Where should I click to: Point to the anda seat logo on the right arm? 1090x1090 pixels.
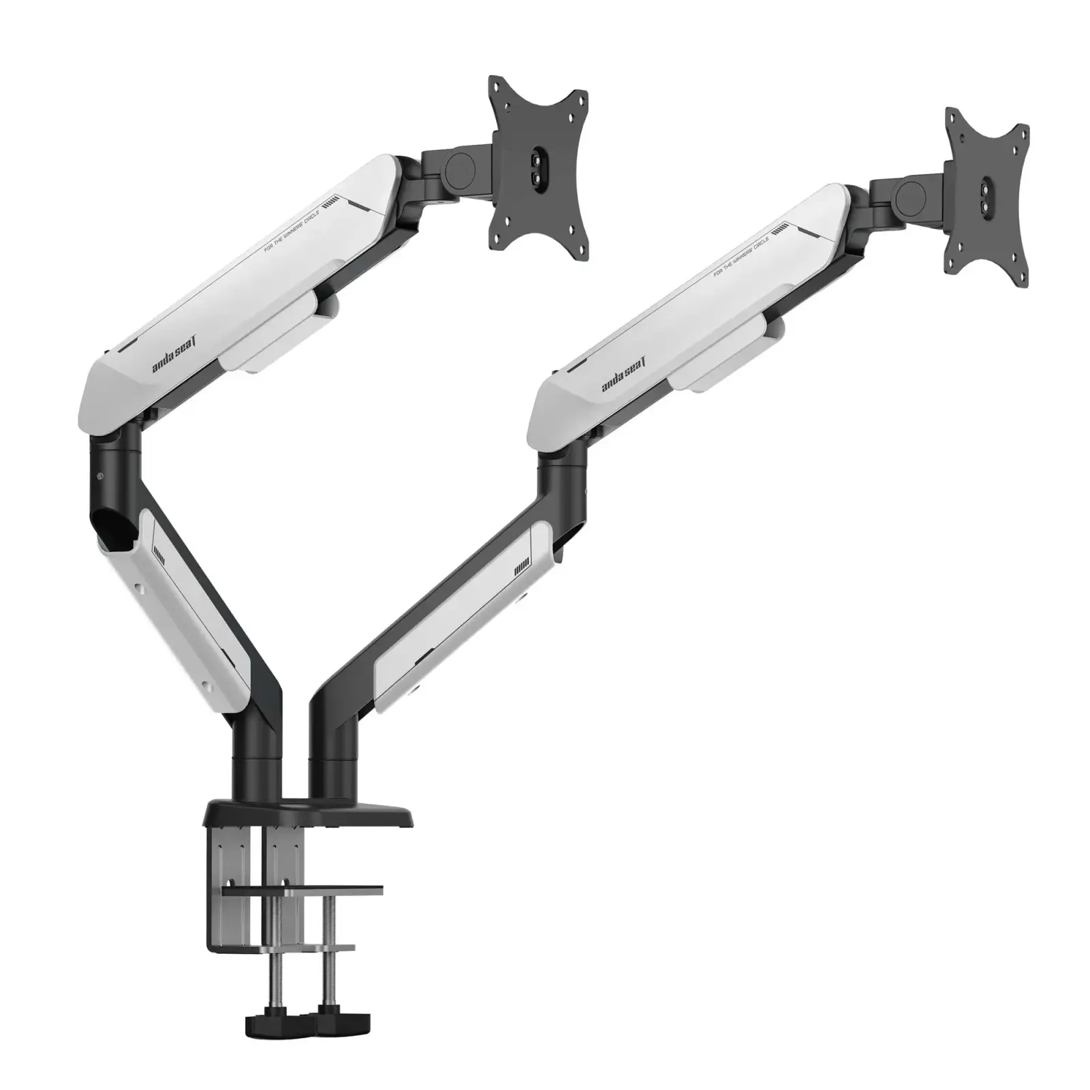point(624,377)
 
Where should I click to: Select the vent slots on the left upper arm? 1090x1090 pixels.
point(330,202)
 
